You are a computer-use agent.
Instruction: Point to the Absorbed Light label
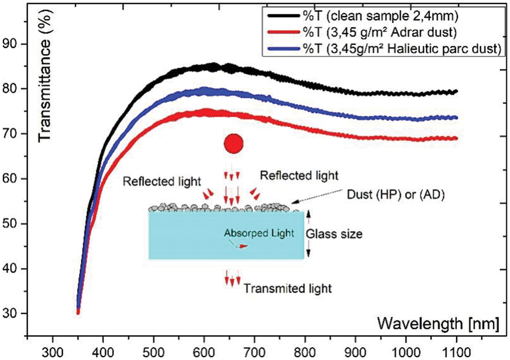pyautogui.click(x=259, y=233)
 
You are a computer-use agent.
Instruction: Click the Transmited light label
pyautogui.click(x=287, y=288)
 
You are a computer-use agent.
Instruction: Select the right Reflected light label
pyautogui.click(x=299, y=175)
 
